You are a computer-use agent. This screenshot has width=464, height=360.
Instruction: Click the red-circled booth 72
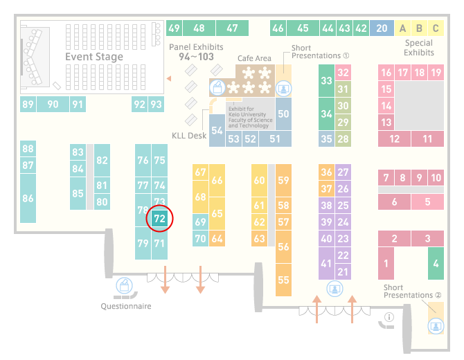pos(159,219)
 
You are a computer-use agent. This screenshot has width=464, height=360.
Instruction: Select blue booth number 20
pos(382,28)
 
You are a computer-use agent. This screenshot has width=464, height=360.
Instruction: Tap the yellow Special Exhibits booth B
pos(419,28)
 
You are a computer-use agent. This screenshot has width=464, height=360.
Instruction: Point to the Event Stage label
pos(94,57)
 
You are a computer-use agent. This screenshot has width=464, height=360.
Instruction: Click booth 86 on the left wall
pos(28,198)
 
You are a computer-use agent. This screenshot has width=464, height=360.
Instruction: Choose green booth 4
pos(436,263)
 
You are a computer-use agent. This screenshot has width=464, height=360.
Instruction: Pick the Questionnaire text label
pos(126,306)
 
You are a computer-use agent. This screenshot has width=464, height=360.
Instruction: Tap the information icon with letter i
pos(389,317)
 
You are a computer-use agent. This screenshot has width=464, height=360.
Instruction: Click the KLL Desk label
pos(189,136)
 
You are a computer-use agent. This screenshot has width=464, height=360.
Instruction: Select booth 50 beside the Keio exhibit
pos(283,114)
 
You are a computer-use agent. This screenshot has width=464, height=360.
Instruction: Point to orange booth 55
pos(283,280)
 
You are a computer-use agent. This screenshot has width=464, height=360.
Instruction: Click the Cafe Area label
pos(254,58)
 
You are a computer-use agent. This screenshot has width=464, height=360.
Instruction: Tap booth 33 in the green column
pos(326,80)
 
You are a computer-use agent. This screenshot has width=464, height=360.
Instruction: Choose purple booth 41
pos(326,263)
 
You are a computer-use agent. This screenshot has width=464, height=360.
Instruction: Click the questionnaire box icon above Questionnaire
pos(124,286)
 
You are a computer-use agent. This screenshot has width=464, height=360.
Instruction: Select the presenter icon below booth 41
pos(334,288)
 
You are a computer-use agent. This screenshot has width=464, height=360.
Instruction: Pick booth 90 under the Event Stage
pos(53,104)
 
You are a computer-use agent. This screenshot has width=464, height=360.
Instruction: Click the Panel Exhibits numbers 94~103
pos(196,57)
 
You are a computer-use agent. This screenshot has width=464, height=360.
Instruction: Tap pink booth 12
pos(394,138)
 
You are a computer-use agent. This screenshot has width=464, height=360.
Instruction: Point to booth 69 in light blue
pos(200,222)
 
